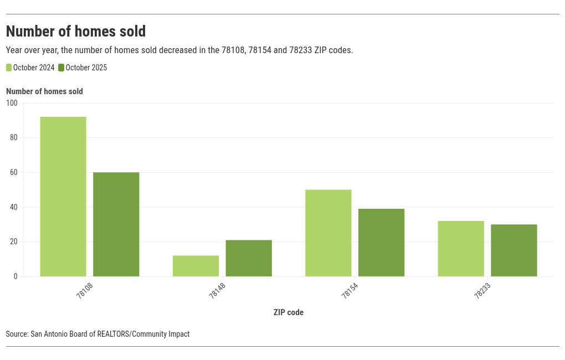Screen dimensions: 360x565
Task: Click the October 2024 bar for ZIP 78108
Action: coord(63,197)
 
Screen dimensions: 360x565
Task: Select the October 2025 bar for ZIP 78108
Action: coord(116,224)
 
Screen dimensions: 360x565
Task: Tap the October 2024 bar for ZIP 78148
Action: coord(196,266)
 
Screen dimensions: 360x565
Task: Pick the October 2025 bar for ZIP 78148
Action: coord(249,258)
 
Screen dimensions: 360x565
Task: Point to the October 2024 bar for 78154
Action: coord(328,233)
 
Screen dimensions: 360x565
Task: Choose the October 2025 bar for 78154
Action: coord(381,243)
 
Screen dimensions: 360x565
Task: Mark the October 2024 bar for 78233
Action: coord(461,249)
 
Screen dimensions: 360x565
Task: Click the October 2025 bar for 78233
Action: coord(514,250)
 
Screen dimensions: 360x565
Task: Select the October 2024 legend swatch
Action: coord(9,68)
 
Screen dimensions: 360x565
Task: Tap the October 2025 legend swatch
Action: coord(61,68)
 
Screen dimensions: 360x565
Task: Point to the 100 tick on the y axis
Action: coord(12,103)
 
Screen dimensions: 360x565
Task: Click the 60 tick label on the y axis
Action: coord(14,172)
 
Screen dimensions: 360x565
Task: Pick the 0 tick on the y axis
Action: coord(16,276)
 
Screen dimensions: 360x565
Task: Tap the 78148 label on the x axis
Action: coord(217,291)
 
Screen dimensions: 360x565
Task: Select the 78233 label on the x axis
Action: coord(482,291)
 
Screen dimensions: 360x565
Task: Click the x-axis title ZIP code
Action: coord(288,312)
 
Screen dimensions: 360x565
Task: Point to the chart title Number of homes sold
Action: coord(76,31)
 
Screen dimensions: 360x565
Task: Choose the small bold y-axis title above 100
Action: coord(44,91)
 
